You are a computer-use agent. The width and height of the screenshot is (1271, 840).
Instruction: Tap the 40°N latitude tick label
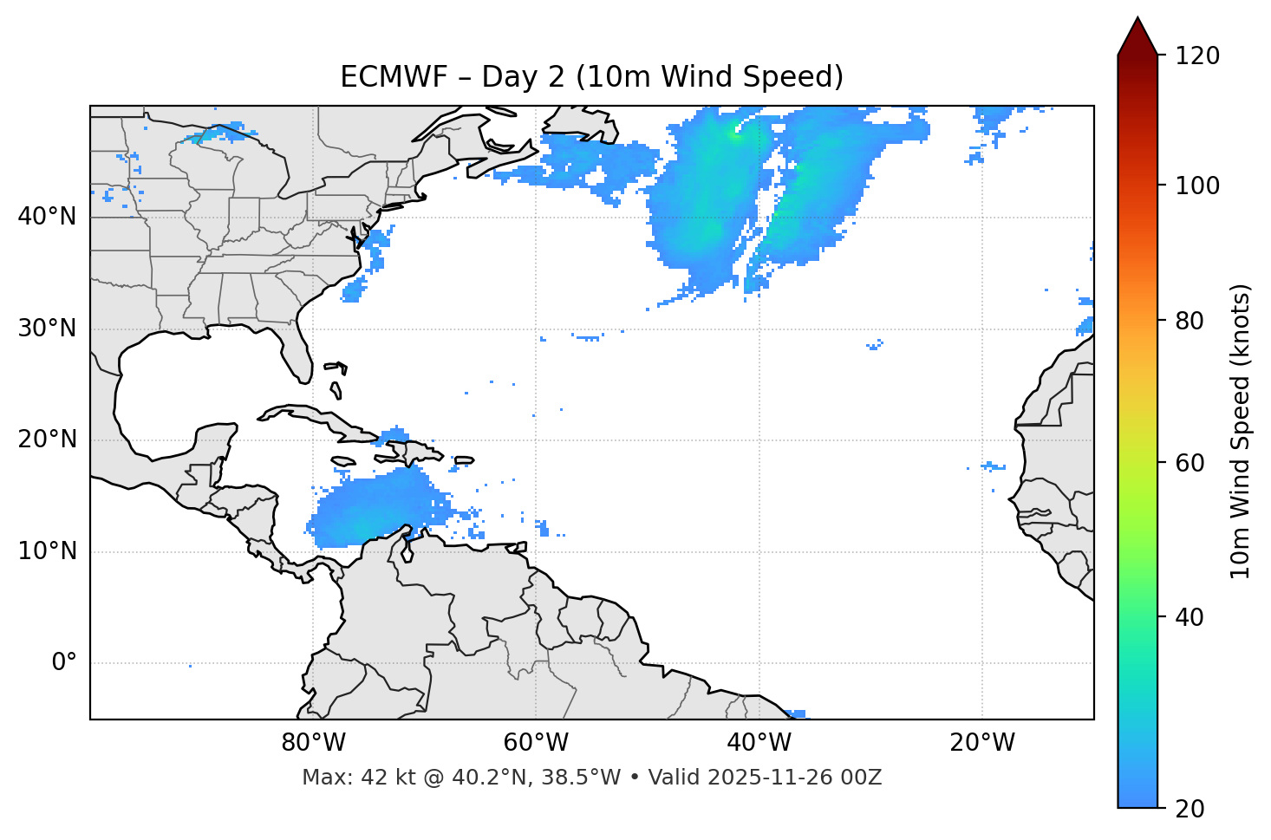pos(47,216)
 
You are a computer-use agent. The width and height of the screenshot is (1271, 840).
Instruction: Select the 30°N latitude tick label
pos(47,329)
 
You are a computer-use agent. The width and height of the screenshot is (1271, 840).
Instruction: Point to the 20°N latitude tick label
pos(47,440)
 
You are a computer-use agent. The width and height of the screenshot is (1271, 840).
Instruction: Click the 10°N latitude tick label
pos(47,551)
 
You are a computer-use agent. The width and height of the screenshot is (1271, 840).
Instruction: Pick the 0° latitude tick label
pos(64,663)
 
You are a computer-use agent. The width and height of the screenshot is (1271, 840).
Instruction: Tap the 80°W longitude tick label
pos(313,742)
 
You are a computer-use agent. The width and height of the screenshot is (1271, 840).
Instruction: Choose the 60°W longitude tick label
pos(536,742)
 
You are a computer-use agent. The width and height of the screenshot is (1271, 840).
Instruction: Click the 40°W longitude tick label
pos(759,742)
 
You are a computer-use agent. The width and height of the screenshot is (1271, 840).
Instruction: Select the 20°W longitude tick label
pos(981,742)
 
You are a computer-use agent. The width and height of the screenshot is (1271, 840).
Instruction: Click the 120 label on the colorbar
pos(1197,56)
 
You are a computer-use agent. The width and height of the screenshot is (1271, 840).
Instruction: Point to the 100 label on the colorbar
pos(1197,186)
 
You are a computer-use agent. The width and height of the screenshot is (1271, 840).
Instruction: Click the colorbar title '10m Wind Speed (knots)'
pos(1241,431)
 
